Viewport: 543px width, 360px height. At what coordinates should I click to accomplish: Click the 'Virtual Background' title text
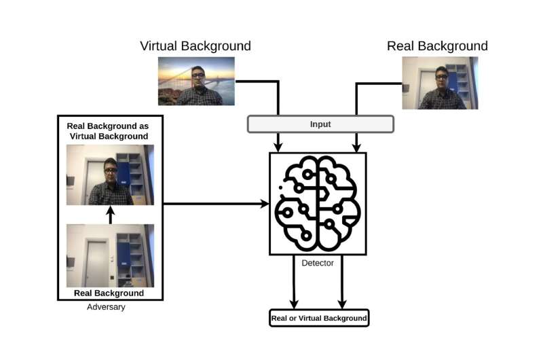[195, 46]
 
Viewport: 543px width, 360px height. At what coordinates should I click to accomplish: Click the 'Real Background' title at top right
[437, 46]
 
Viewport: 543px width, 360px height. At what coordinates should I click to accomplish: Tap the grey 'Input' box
[320, 124]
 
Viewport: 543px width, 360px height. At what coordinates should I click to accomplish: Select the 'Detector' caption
[317, 263]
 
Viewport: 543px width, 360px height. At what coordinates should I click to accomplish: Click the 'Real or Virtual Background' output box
[319, 318]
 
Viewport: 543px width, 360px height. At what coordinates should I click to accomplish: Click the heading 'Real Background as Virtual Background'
[107, 131]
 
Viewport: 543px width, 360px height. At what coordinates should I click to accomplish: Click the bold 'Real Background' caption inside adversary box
[107, 293]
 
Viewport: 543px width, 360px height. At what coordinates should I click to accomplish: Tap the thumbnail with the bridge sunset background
[196, 81]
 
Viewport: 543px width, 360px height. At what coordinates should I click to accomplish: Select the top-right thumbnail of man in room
[440, 83]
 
